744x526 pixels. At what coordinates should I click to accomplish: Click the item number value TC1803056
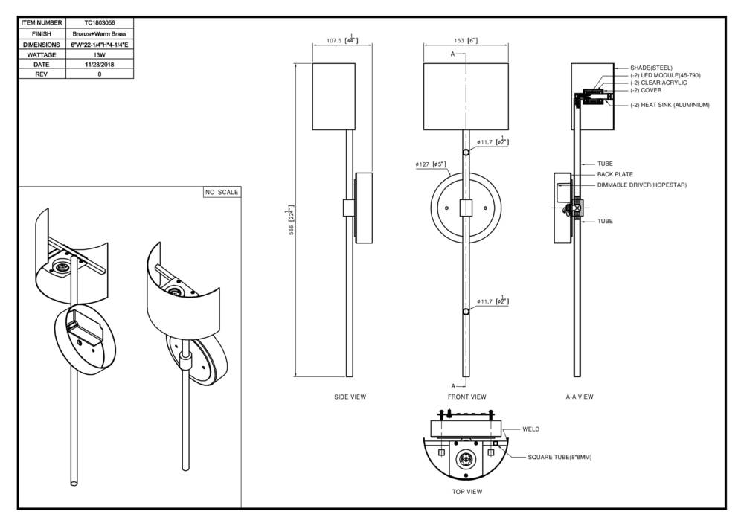[x=99, y=24]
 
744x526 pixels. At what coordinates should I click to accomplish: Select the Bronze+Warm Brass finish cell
[x=99, y=34]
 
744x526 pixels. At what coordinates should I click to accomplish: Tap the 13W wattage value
[x=99, y=54]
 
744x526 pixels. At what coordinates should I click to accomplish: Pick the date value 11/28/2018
[x=99, y=65]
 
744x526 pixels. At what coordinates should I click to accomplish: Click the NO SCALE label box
[x=222, y=193]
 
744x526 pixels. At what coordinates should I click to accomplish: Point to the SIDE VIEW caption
[x=350, y=397]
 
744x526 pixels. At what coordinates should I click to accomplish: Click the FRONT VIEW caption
[x=466, y=397]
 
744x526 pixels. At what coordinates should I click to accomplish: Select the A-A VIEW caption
[x=580, y=397]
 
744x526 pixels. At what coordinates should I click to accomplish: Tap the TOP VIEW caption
[x=467, y=492]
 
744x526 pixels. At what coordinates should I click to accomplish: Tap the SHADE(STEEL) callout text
[x=651, y=68]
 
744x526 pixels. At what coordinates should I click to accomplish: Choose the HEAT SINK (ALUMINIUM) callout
[x=670, y=105]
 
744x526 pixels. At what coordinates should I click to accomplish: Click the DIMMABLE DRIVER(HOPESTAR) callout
[x=641, y=185]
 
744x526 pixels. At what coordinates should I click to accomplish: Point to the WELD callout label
[x=530, y=429]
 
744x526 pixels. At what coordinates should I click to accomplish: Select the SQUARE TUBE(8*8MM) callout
[x=559, y=458]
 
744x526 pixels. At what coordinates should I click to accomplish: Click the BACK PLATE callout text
[x=615, y=174]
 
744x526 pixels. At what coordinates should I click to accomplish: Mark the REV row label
[x=42, y=75]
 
